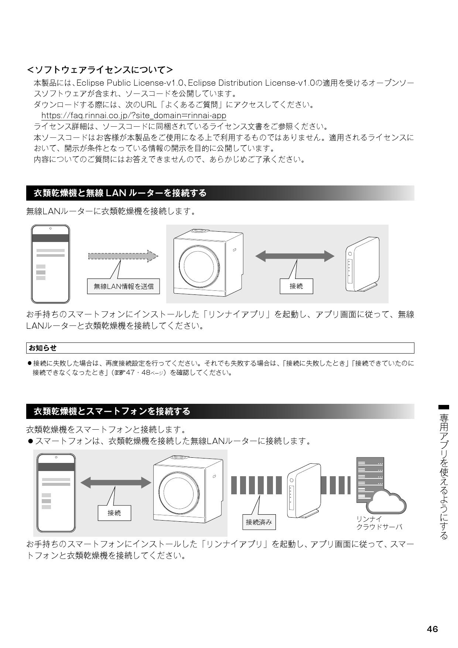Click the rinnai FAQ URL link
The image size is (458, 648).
134,116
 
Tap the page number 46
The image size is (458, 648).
432,629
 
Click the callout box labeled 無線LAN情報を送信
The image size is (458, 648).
123,286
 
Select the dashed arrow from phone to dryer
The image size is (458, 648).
123,256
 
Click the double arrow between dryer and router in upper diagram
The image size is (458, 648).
295,256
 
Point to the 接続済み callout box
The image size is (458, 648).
259,522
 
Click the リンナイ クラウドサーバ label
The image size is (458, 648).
379,523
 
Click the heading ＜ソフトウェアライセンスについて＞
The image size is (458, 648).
100,69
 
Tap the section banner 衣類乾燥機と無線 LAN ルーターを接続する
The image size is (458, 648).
120,193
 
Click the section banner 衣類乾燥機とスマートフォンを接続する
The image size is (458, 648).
112,411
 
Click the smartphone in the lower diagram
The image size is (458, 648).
56,492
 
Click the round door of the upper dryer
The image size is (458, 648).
198,263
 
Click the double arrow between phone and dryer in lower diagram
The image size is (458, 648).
116,482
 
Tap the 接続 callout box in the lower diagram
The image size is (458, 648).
114,513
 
